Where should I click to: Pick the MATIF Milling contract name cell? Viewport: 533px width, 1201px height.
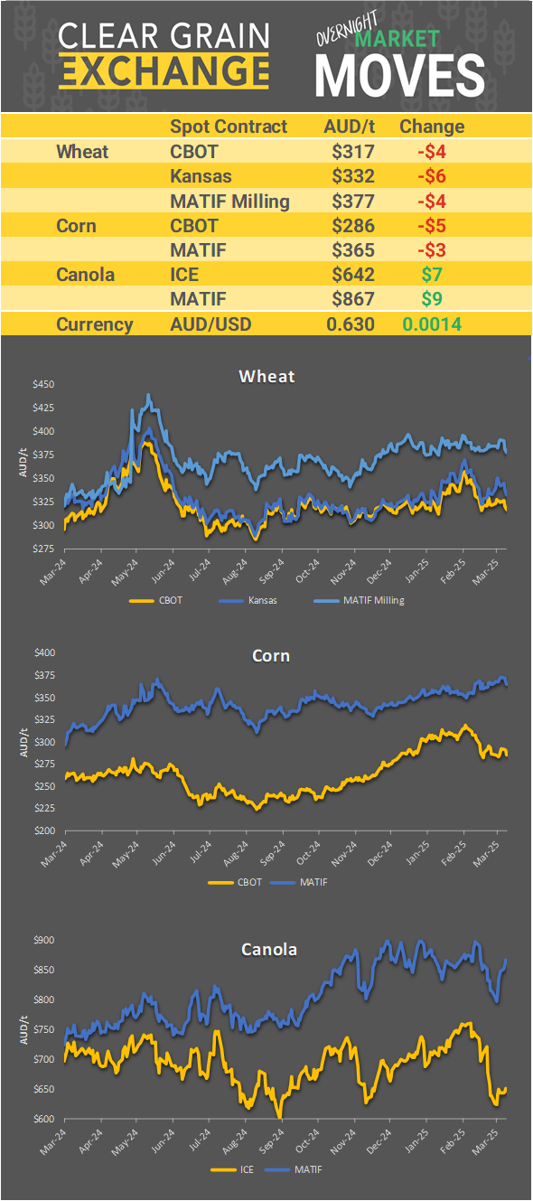(x=229, y=201)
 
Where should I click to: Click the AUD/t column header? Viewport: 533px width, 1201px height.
(x=350, y=127)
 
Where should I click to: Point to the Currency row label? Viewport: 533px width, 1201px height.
(x=94, y=324)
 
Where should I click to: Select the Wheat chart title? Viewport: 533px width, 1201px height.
(x=266, y=376)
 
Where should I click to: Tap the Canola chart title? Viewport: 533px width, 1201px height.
(x=268, y=949)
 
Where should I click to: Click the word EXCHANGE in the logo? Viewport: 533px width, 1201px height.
(x=164, y=70)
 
